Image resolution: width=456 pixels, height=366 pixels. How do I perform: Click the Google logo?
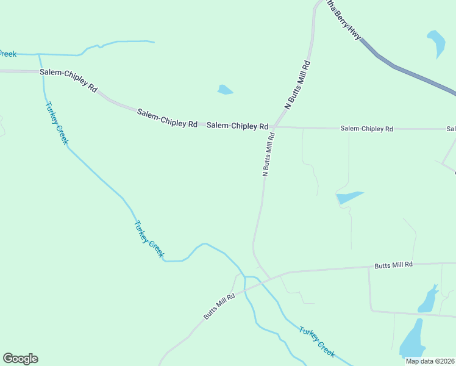20,359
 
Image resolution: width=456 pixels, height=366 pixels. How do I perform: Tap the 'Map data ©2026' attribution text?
430,361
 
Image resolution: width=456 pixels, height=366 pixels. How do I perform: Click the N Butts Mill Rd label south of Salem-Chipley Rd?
269,155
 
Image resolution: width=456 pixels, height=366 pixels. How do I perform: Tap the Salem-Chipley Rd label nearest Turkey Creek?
68,80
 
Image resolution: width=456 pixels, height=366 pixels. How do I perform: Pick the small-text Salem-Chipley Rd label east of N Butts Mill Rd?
366,129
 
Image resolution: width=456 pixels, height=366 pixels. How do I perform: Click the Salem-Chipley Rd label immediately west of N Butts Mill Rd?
237,126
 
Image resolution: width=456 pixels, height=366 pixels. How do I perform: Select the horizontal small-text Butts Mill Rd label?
393,265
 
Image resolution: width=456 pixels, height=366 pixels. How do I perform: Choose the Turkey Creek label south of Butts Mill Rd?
317,342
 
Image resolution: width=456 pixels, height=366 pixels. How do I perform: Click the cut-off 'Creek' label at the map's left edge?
7,54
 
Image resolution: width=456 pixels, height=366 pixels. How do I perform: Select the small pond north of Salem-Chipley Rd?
224,90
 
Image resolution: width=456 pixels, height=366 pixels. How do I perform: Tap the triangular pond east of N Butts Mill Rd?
347,198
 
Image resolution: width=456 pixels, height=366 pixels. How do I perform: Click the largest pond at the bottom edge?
412,340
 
